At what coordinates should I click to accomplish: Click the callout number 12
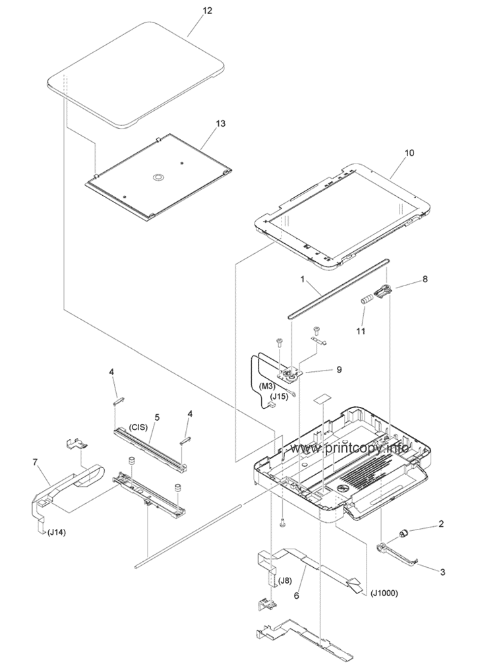pyautogui.click(x=207, y=11)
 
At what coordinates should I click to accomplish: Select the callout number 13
pyautogui.click(x=221, y=123)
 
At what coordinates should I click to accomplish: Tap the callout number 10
pyautogui.click(x=408, y=152)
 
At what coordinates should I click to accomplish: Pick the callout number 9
pyautogui.click(x=339, y=370)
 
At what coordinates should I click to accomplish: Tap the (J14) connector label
pyautogui.click(x=56, y=532)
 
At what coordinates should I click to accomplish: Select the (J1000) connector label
pyautogui.click(x=384, y=593)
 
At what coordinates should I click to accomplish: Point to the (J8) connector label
pyautogui.click(x=285, y=580)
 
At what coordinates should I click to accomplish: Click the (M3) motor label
pyautogui.click(x=267, y=387)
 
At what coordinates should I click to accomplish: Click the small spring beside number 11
pyautogui.click(x=367, y=301)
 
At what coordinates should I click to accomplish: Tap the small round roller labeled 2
pyautogui.click(x=404, y=533)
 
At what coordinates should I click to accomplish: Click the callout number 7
pyautogui.click(x=35, y=462)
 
